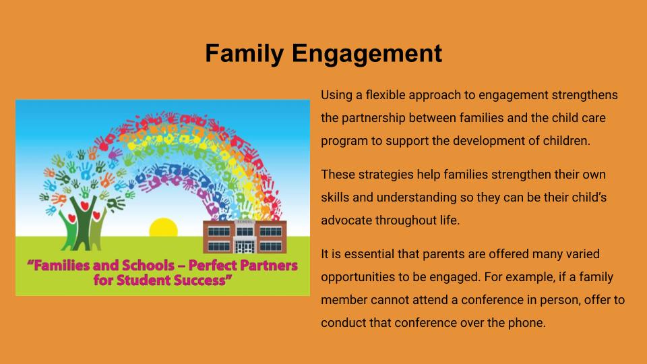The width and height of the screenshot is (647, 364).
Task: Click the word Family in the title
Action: tap(244, 54)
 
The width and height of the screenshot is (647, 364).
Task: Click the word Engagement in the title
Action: tap(367, 54)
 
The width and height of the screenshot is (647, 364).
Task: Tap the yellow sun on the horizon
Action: tap(163, 227)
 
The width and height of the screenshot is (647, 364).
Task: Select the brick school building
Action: tap(245, 237)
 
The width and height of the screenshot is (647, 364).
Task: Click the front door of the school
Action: tap(245, 247)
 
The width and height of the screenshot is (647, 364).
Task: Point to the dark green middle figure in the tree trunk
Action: tap(84, 223)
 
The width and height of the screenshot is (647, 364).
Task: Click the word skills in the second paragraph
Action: tap(335, 198)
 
